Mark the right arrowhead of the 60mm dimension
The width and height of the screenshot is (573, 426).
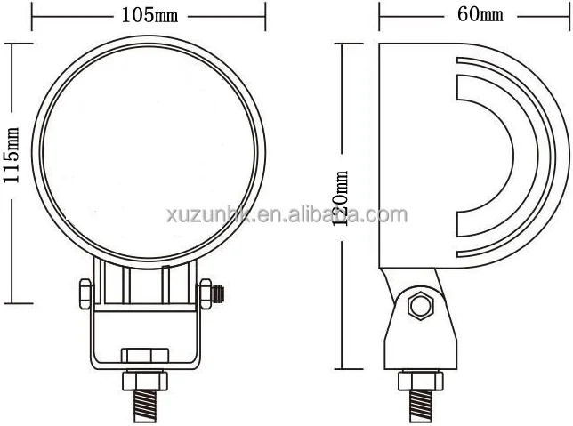click(567, 15)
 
